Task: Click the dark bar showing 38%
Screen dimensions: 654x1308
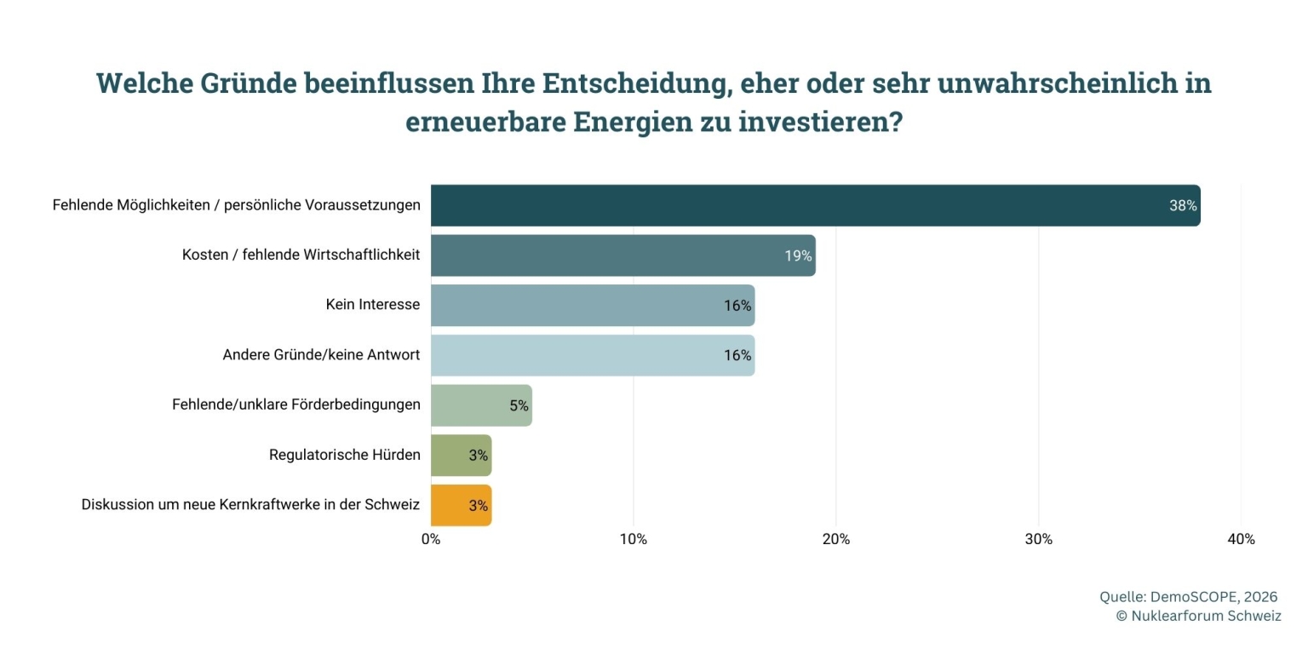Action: (x=815, y=205)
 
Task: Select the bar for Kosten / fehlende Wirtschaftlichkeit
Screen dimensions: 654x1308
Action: (x=622, y=255)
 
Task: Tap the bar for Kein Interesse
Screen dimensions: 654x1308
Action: (x=592, y=306)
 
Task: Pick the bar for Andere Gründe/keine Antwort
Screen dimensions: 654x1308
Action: (x=592, y=355)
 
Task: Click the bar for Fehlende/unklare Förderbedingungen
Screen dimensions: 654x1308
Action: (x=481, y=405)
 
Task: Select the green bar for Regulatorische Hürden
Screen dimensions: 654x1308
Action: (x=461, y=456)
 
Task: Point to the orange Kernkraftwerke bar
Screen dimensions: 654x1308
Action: (x=461, y=505)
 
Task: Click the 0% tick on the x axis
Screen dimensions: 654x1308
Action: (x=431, y=539)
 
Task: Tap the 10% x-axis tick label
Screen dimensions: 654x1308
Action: (x=633, y=539)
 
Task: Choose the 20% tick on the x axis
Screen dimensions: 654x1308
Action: (x=835, y=539)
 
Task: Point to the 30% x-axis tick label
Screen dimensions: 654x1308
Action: (x=1038, y=539)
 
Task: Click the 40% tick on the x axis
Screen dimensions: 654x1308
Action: (x=1241, y=539)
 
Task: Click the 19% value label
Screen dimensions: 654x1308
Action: (x=798, y=255)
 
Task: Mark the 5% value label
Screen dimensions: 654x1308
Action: (x=519, y=405)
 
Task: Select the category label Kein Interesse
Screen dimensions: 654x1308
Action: (x=372, y=305)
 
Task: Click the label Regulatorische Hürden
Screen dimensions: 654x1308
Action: (x=344, y=455)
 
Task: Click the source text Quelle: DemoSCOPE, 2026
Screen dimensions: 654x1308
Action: (x=1188, y=597)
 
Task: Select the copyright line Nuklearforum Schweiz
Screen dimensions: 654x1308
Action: (x=1198, y=616)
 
